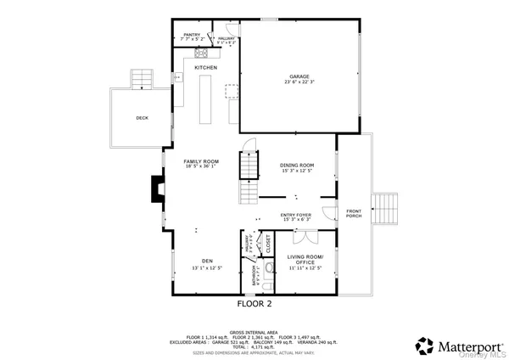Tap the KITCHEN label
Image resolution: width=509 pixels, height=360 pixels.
(x=206, y=67)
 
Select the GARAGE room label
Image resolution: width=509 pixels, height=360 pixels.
(x=298, y=77)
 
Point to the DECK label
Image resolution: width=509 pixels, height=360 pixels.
(x=143, y=118)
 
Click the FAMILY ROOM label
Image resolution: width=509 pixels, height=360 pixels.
(x=202, y=160)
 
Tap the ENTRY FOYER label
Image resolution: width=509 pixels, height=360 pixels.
(x=296, y=216)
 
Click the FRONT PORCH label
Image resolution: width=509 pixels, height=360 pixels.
(x=354, y=213)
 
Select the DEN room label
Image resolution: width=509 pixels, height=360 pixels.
(x=206, y=261)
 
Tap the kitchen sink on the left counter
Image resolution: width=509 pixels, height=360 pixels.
(x=179, y=77)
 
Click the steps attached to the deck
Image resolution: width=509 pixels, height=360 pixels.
(x=141, y=79)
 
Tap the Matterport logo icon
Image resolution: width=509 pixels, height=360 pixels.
(x=424, y=346)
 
